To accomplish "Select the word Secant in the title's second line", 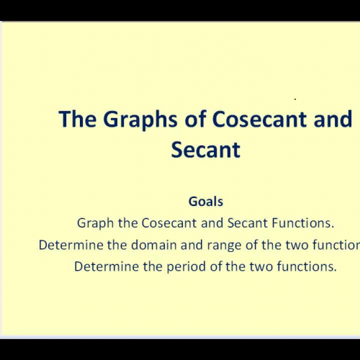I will coord(205,150).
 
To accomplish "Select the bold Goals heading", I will coord(205,202).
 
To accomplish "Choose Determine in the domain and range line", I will coord(68,245).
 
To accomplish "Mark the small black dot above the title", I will coord(295,98).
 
